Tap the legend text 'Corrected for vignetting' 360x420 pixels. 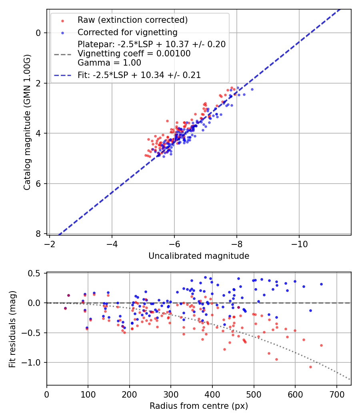point(128,32)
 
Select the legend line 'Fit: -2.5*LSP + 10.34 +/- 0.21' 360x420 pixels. point(62,75)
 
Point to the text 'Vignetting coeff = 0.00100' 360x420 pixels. point(134,54)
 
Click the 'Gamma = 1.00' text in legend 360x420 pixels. point(109,63)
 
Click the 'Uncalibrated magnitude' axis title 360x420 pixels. point(199,256)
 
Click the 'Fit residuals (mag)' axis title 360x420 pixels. point(12,329)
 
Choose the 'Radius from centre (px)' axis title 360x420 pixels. point(199,406)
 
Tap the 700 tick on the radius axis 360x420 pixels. point(336,395)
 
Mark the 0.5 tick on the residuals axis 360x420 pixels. point(37,273)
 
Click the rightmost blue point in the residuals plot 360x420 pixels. point(321,284)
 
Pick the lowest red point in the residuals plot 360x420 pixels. point(310,367)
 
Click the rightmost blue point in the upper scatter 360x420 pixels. point(252,89)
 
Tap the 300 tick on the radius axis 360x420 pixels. point(171,395)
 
